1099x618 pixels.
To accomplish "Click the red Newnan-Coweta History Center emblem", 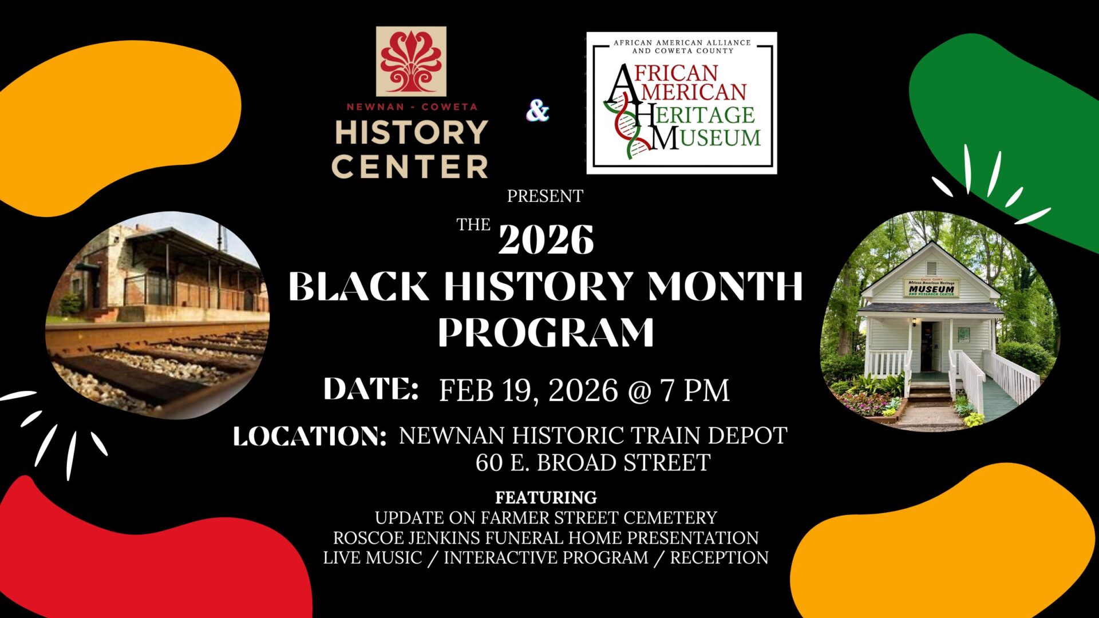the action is (x=411, y=61).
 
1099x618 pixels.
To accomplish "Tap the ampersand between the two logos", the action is (x=537, y=111).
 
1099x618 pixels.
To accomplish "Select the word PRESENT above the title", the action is (x=545, y=196).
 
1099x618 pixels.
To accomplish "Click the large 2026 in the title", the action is (x=546, y=239).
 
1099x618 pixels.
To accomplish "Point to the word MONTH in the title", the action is (x=725, y=286).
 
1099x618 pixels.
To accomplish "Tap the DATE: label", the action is (x=371, y=389).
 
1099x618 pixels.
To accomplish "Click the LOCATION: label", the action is (x=310, y=437).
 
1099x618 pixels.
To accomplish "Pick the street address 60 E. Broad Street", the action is (x=593, y=462).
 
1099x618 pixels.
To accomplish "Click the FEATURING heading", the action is (x=546, y=497).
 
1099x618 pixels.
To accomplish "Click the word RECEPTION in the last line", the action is (x=719, y=557).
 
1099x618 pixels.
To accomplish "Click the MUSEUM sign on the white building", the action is (x=931, y=287).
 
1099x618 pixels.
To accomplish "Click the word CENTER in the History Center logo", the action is (x=410, y=167).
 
